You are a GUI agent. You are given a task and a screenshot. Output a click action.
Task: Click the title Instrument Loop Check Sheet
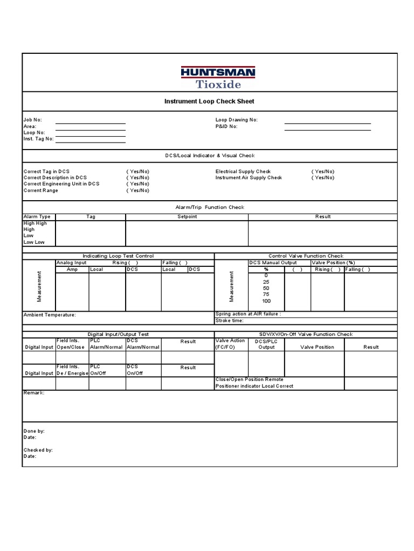pyautogui.click(x=209, y=101)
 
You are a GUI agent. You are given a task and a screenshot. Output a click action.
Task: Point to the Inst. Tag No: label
pyautogui.click(x=38, y=139)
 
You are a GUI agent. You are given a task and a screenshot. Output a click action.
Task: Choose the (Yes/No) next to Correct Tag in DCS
pyautogui.click(x=138, y=171)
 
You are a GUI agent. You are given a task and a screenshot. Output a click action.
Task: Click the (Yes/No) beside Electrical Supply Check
pyautogui.click(x=322, y=171)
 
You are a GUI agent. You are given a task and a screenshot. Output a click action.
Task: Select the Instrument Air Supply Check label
pyautogui.click(x=249, y=178)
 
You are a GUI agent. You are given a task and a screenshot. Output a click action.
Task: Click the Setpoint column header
pyautogui.click(x=187, y=217)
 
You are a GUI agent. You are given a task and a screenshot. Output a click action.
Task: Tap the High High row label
pyautogui.click(x=35, y=223)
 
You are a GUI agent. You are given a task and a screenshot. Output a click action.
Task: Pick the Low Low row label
pyautogui.click(x=34, y=242)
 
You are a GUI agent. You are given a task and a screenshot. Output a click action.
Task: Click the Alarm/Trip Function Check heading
pyautogui.click(x=210, y=207)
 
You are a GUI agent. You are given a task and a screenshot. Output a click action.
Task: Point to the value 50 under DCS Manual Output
pyautogui.click(x=266, y=288)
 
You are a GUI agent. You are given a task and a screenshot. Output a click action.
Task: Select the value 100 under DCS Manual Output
pyautogui.click(x=266, y=301)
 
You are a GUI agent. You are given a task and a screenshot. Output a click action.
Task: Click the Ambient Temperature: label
pyautogui.click(x=50, y=315)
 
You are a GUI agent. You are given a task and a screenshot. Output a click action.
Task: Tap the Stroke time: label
pyautogui.click(x=230, y=320)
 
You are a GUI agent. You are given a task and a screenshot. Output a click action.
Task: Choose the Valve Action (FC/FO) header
pyautogui.click(x=230, y=344)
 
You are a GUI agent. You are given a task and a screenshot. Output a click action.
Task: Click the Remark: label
pyautogui.click(x=34, y=393)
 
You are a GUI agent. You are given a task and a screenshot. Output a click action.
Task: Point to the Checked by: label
pyautogui.click(x=38, y=449)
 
